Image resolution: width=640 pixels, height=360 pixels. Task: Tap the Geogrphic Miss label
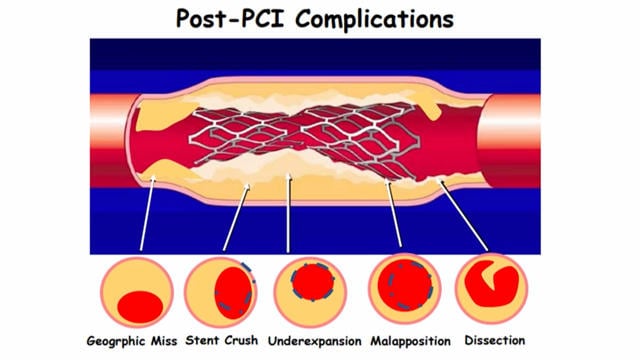(x=139, y=341)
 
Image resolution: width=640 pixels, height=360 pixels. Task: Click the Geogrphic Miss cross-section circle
(x=141, y=290)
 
